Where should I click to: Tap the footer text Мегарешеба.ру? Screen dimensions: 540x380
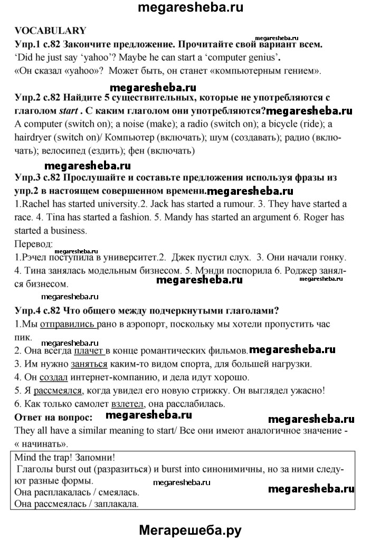tap(190, 529)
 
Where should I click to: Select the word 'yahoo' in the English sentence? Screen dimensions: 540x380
tap(108, 57)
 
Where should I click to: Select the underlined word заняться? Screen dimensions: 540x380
tap(89, 364)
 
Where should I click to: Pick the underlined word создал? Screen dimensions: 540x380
tap(51, 377)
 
